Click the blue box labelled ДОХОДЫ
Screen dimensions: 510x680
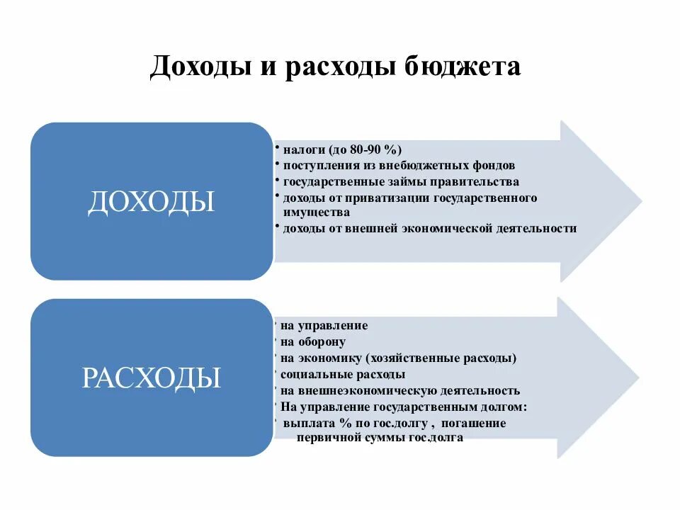151,202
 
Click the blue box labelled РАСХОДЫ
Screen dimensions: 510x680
151,378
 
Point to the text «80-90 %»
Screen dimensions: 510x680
375,149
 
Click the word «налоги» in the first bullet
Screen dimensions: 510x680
304,149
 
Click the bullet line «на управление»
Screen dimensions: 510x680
324,326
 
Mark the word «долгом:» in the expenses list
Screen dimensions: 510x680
502,407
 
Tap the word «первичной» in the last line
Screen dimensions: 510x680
327,438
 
